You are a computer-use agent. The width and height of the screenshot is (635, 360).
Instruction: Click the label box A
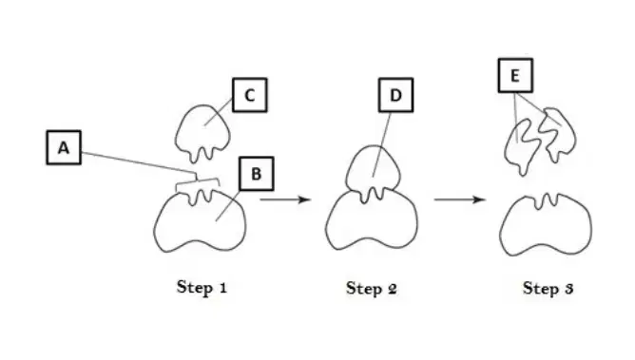pos(64,147)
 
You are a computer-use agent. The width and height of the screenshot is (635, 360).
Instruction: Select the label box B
pos(257,174)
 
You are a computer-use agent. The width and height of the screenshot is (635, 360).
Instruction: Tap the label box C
pos(249,95)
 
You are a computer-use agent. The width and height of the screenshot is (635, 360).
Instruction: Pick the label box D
pos(395,95)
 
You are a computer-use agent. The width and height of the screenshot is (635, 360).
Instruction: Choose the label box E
pos(515,76)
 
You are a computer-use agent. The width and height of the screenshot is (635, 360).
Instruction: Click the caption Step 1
pos(202,287)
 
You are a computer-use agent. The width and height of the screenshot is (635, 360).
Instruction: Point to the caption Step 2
pos(372,288)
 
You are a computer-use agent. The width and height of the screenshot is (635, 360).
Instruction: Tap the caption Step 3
pos(548,288)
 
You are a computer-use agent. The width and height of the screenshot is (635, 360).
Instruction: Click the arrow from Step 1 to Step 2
pos(285,199)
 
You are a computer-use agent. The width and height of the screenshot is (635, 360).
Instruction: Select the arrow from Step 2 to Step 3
pos(460,199)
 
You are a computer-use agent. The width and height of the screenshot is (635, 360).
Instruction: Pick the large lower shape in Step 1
pos(200,222)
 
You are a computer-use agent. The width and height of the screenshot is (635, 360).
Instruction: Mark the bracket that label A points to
pos(197,180)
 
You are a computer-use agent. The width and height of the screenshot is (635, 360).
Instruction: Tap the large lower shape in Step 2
pos(372,222)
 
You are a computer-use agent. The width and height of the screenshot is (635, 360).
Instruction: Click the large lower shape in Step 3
pos(546,226)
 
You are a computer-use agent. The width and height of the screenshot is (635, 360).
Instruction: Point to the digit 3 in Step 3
pos(569,289)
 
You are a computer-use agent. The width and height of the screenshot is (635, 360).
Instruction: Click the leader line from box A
pos(139,163)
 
